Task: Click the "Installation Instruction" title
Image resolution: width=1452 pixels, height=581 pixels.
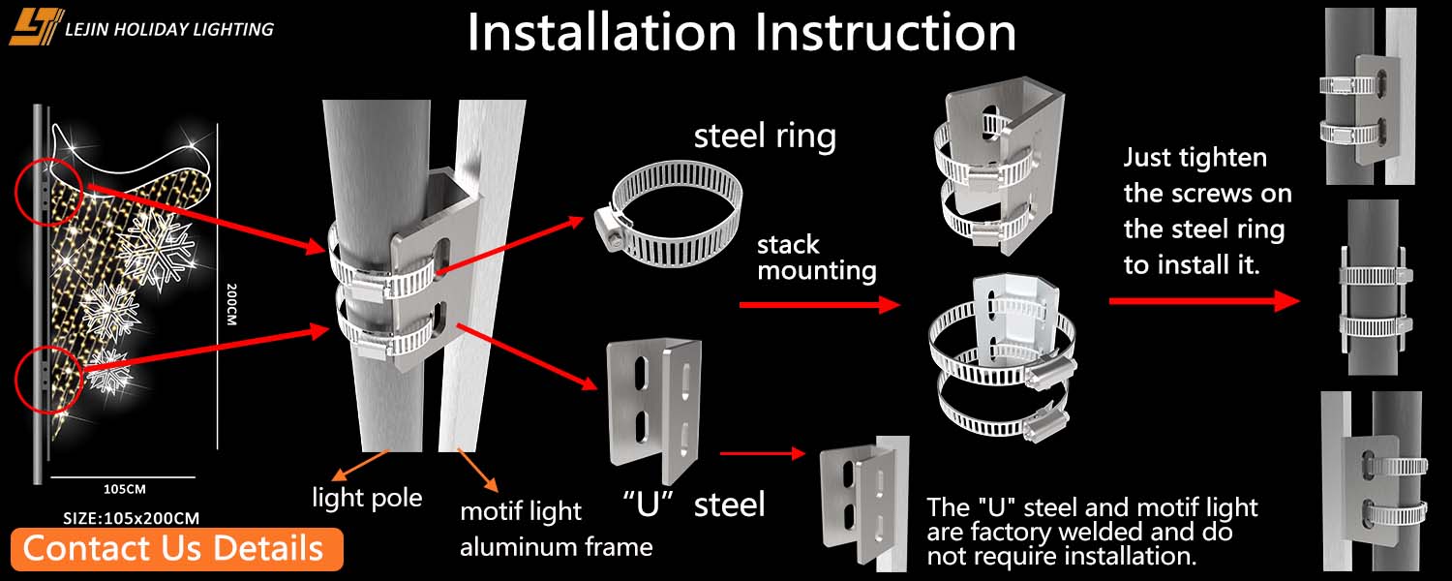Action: (741, 33)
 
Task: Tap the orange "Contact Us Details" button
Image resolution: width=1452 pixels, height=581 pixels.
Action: (173, 548)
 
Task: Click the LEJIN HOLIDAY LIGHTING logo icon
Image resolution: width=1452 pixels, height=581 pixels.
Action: (36, 26)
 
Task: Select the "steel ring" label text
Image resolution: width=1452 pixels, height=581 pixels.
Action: (765, 137)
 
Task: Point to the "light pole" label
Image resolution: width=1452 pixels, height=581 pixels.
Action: (367, 499)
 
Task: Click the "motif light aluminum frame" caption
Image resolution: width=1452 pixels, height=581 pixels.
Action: (555, 529)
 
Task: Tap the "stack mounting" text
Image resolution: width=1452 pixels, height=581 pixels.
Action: (816, 258)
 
